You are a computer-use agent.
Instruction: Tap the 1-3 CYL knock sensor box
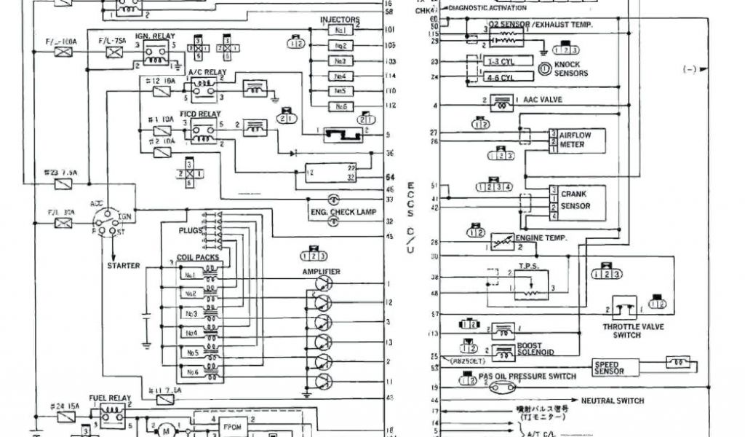499,61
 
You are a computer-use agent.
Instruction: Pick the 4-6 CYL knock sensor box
499,76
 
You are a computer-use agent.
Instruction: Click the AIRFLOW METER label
572,139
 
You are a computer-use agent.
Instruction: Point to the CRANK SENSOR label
573,200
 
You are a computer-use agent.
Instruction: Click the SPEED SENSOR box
615,368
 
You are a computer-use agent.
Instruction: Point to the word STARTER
124,266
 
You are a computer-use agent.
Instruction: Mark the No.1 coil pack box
191,275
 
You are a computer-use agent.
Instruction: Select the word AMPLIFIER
322,272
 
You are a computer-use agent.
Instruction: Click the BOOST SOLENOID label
535,349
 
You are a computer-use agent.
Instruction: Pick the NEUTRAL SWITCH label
613,401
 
